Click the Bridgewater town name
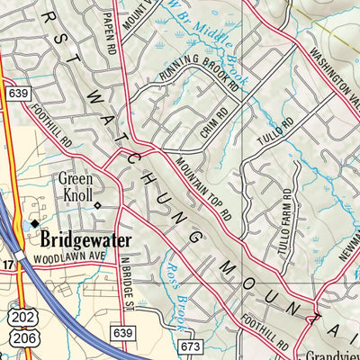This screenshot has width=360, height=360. coord(85,241)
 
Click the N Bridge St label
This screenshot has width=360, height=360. coord(128,292)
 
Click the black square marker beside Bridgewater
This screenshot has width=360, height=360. coord(35,223)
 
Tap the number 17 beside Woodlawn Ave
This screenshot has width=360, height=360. coord(8,265)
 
